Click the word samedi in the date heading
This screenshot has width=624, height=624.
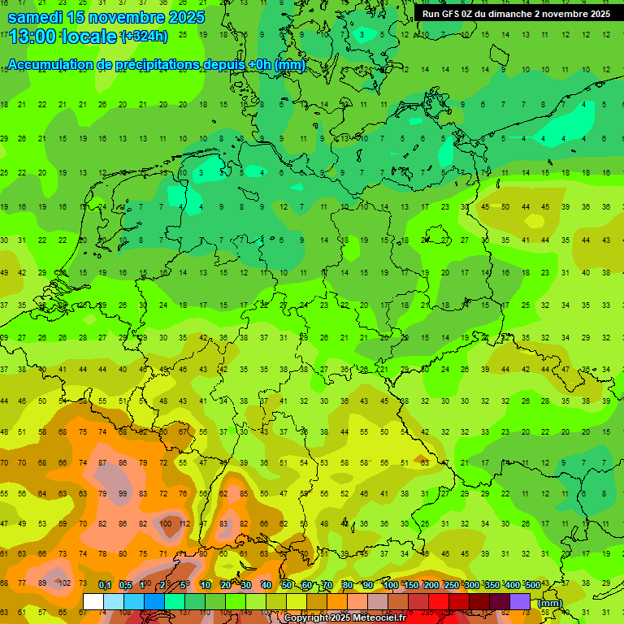[x=35, y=17]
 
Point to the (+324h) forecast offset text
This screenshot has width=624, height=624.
[x=144, y=37]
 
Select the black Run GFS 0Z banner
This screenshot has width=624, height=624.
[x=517, y=14]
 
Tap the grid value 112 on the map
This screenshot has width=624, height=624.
[x=184, y=524]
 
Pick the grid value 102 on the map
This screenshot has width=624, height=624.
[x=63, y=583]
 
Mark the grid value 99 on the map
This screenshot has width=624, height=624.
[x=123, y=494]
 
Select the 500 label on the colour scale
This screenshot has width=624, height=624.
[x=531, y=585]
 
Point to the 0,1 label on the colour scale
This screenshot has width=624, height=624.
[x=104, y=585]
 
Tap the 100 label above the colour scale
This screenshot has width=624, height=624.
[x=390, y=585]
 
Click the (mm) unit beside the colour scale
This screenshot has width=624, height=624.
[x=550, y=603]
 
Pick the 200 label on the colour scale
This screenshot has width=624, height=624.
[x=431, y=585]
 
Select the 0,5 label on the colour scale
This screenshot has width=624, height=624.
[x=124, y=585]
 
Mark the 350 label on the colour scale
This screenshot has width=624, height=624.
[x=491, y=585]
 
